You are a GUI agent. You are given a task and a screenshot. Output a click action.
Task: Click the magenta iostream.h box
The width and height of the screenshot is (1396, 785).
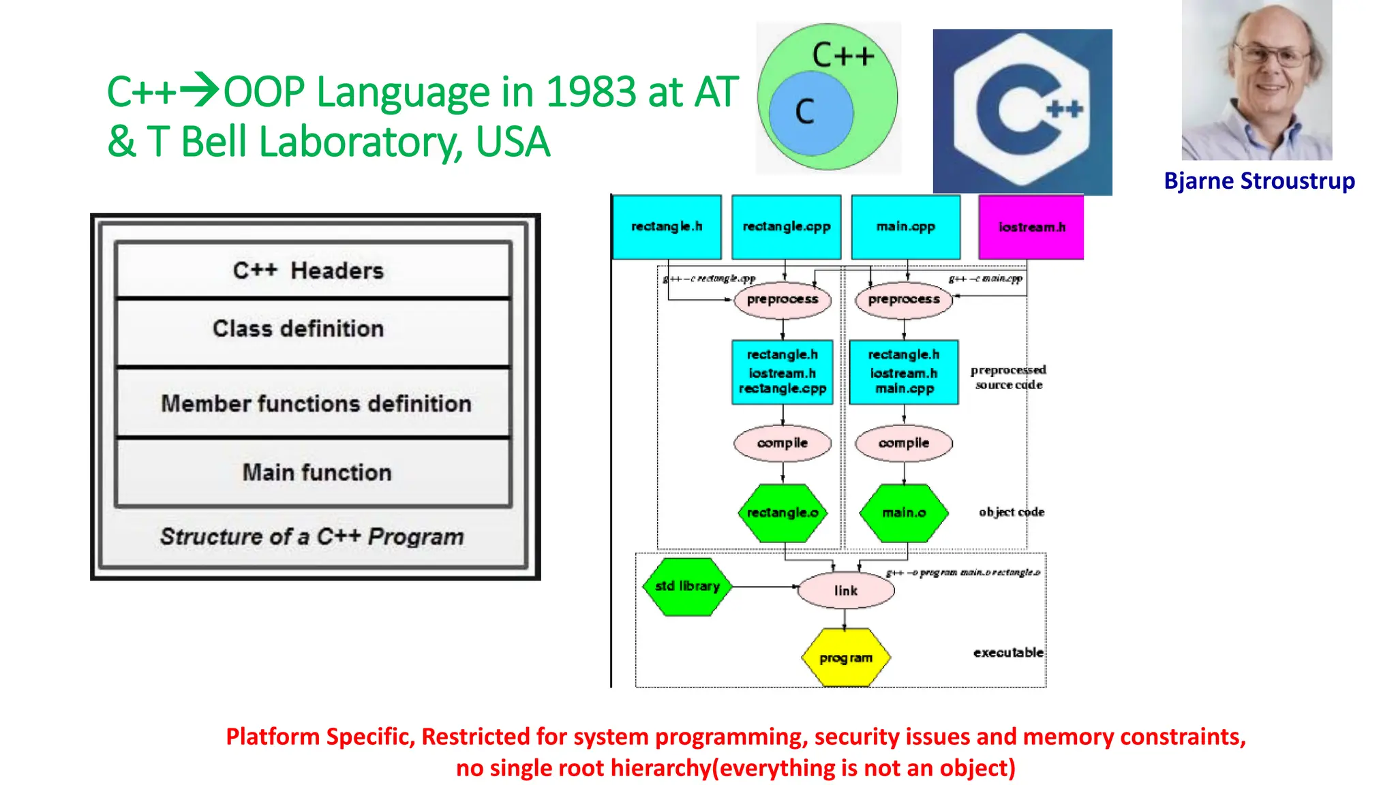1031,227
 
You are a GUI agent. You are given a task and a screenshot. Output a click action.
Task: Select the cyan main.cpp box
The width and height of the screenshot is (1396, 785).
905,227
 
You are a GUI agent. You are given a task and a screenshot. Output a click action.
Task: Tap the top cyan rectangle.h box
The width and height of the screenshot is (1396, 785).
667,227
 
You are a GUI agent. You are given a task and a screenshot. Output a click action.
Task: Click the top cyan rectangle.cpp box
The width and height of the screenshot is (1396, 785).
786,227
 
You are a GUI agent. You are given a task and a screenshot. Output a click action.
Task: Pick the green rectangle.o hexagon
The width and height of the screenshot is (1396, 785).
782,513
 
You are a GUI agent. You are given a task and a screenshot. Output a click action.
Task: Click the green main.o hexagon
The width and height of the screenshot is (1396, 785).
904,513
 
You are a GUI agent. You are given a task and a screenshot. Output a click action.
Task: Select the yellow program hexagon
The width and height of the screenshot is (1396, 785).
845,658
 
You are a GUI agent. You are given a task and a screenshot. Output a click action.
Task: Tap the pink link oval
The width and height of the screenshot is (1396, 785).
845,591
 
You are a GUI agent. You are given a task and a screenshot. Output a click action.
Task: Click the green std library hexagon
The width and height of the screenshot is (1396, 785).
687,587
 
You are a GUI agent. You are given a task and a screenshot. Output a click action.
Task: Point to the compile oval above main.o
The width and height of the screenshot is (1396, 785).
904,443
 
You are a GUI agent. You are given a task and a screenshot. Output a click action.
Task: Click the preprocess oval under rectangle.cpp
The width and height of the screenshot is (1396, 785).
783,300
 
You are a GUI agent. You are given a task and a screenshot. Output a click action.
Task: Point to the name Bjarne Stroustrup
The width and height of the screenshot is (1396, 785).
1259,181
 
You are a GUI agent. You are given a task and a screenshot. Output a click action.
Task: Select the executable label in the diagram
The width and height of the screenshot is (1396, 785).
1007,653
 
